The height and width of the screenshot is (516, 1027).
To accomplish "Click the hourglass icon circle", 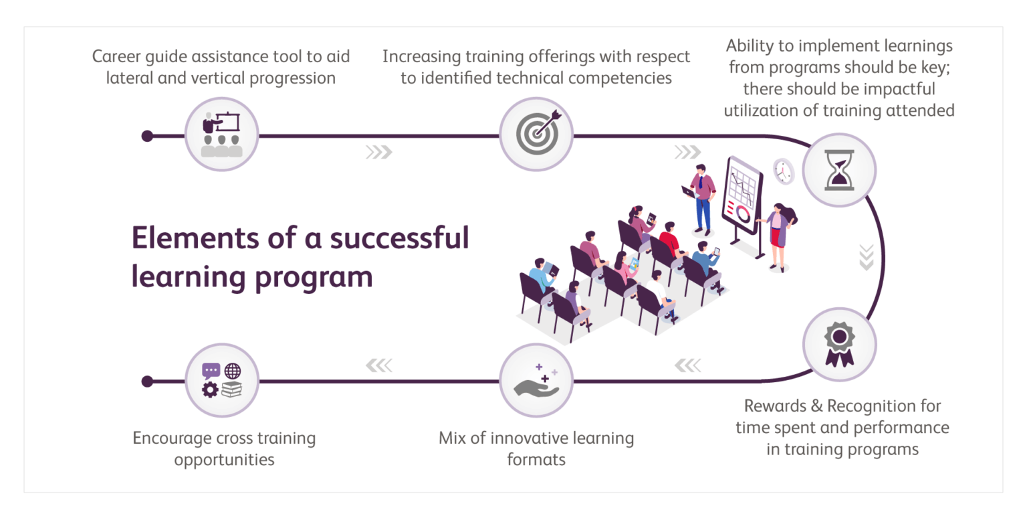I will (x=838, y=169).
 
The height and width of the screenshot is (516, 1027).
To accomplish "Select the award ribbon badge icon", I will (x=838, y=345).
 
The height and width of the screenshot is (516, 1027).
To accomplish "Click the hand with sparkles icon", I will (x=536, y=381).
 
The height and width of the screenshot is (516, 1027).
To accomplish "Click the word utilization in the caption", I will (x=760, y=110).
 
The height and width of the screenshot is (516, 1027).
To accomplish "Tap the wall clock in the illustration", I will (x=782, y=171).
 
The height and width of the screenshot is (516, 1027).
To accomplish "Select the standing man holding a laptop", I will (x=701, y=197).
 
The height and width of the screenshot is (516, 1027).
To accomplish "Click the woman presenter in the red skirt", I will (x=778, y=234).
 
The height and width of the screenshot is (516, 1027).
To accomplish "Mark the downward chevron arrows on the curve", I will (x=867, y=257).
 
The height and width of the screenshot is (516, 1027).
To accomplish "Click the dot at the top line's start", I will (x=148, y=136).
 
